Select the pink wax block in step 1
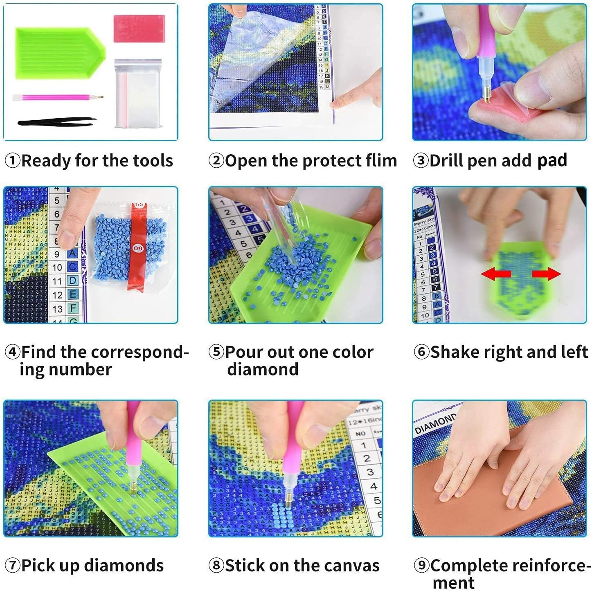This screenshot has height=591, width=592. pyautogui.click(x=139, y=28)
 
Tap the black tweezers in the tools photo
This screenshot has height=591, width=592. pyautogui.click(x=56, y=121)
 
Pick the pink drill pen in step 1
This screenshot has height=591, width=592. pyautogui.click(x=57, y=98)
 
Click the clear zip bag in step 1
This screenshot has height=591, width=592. pyautogui.click(x=137, y=94)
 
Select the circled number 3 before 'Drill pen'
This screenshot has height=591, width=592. pyautogui.click(x=421, y=160)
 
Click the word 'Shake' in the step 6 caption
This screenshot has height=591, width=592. pyautogui.click(x=455, y=352)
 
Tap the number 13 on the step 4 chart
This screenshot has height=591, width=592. pyautogui.click(x=58, y=309)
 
